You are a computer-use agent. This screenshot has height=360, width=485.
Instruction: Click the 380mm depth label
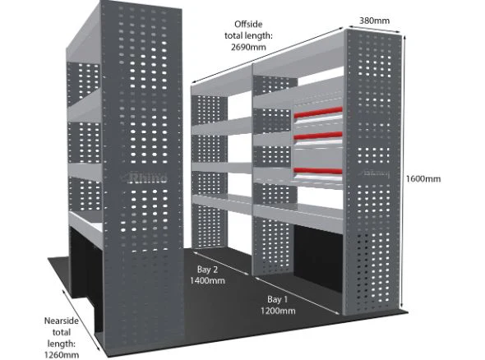tap(374, 21)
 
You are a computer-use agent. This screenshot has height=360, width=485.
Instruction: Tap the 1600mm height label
tap(423, 178)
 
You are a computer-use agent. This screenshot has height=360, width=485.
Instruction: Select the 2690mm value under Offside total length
tap(248, 47)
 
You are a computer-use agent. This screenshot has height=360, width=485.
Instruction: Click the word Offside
tap(248, 24)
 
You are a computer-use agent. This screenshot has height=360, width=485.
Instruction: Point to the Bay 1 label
tap(278, 299)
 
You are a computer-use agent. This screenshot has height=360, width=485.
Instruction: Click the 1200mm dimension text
tap(278, 311)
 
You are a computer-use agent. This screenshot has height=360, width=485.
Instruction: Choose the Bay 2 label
tap(207, 270)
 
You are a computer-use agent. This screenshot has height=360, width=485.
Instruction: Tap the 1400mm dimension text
tap(207, 281)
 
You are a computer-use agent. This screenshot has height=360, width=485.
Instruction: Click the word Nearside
tap(62, 321)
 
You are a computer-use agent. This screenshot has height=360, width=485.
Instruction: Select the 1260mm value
tap(62, 355)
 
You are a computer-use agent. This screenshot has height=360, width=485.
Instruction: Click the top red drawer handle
tap(318, 113)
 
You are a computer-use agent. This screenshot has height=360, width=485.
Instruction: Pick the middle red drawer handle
tap(318, 136)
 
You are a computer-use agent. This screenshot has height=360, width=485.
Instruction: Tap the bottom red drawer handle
tap(318, 171)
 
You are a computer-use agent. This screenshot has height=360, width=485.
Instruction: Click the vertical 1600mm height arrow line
tap(404, 172)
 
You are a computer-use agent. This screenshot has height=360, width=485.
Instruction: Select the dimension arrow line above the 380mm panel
tap(374, 29)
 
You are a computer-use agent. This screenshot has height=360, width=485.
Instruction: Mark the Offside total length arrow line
tap(268, 56)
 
